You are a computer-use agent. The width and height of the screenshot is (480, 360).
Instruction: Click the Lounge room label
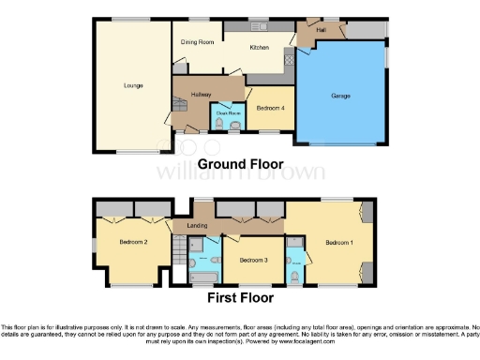132,85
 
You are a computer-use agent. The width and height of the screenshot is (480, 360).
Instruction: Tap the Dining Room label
199,42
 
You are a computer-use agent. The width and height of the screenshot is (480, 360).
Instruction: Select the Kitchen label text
260,47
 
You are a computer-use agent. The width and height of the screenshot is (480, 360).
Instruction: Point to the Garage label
339,96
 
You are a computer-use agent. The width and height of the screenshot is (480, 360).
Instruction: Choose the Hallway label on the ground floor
201,95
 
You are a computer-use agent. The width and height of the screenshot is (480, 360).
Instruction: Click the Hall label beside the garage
321,30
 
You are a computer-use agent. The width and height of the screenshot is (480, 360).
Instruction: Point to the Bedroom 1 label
338,242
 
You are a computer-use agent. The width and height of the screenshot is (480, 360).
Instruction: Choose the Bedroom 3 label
253,259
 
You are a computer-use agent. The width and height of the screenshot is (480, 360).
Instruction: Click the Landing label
197,225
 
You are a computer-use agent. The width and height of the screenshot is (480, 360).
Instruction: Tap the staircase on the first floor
179,251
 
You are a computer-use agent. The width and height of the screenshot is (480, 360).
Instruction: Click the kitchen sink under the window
259,25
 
